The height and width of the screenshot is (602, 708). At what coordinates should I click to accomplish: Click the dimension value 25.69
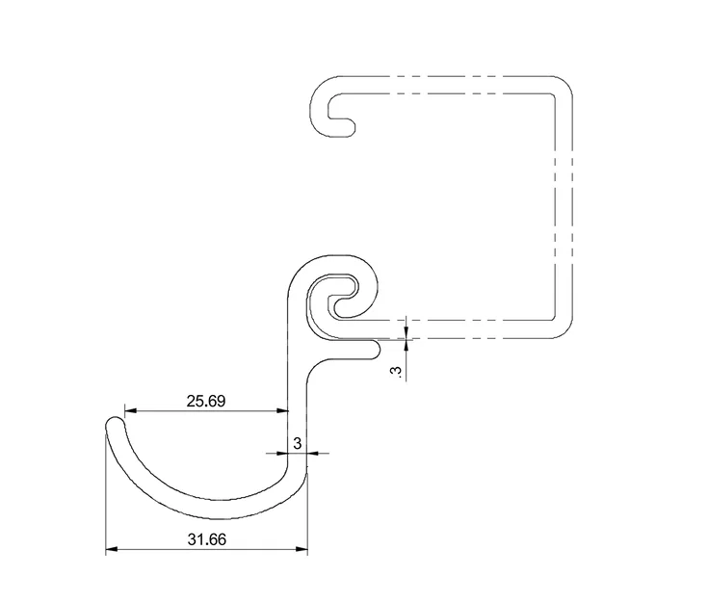(x=206, y=401)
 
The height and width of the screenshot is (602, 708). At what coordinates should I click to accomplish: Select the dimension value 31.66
(x=207, y=539)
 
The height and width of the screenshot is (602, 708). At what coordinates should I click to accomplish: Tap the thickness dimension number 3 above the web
(x=297, y=443)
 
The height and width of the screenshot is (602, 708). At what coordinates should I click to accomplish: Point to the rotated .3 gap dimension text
(x=397, y=372)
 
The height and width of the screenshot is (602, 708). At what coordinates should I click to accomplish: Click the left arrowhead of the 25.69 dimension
(x=130, y=411)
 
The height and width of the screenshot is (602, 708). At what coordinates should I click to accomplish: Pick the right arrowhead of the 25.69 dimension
(x=282, y=411)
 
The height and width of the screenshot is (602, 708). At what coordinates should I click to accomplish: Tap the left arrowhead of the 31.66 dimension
(x=112, y=549)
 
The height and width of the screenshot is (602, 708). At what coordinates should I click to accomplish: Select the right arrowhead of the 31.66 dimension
(x=302, y=549)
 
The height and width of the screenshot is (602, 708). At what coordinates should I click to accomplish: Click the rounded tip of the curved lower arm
(x=115, y=425)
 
